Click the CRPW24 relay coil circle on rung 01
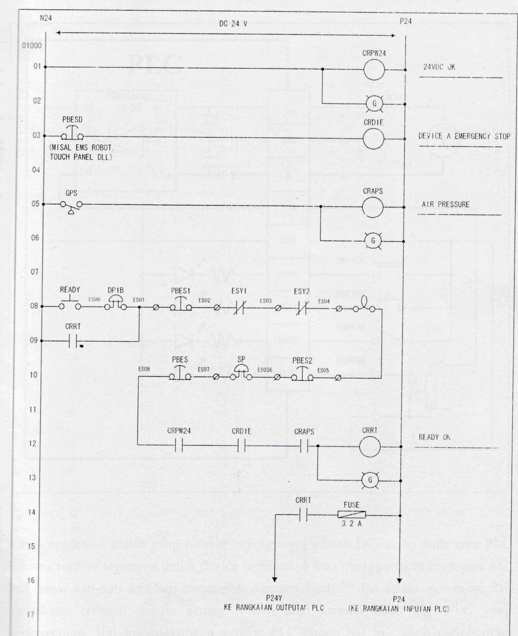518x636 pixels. coord(374,70)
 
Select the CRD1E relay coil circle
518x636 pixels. coord(373,139)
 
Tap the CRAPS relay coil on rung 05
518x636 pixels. coord(373,207)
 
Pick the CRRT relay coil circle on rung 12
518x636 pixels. coord(370,446)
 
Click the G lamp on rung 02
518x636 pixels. coord(374,104)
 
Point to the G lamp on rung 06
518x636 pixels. coord(373,241)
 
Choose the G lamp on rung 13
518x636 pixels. coord(370,480)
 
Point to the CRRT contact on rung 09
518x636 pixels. coord(73,341)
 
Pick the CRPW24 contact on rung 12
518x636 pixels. coord(179,446)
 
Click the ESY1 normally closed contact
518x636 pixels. coord(239,307)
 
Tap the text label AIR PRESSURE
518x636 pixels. coord(448,205)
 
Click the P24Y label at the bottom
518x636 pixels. coord(274,599)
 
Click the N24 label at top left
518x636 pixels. coord(46,18)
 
